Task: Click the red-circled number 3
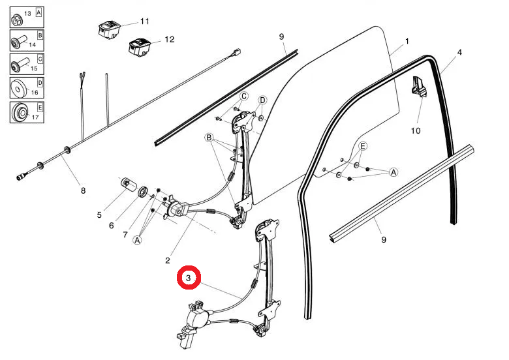(x=189, y=278)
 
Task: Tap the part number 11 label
(x=145, y=22)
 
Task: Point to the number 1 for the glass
(x=407, y=41)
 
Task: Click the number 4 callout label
(x=459, y=52)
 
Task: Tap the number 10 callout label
(x=416, y=130)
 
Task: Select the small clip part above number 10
(x=418, y=86)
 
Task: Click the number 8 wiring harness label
(x=83, y=191)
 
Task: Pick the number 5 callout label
(x=99, y=214)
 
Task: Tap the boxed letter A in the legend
(x=40, y=12)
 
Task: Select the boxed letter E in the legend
(x=40, y=107)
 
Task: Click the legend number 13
(x=27, y=14)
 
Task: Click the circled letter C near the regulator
(x=243, y=97)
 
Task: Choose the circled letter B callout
(x=209, y=138)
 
